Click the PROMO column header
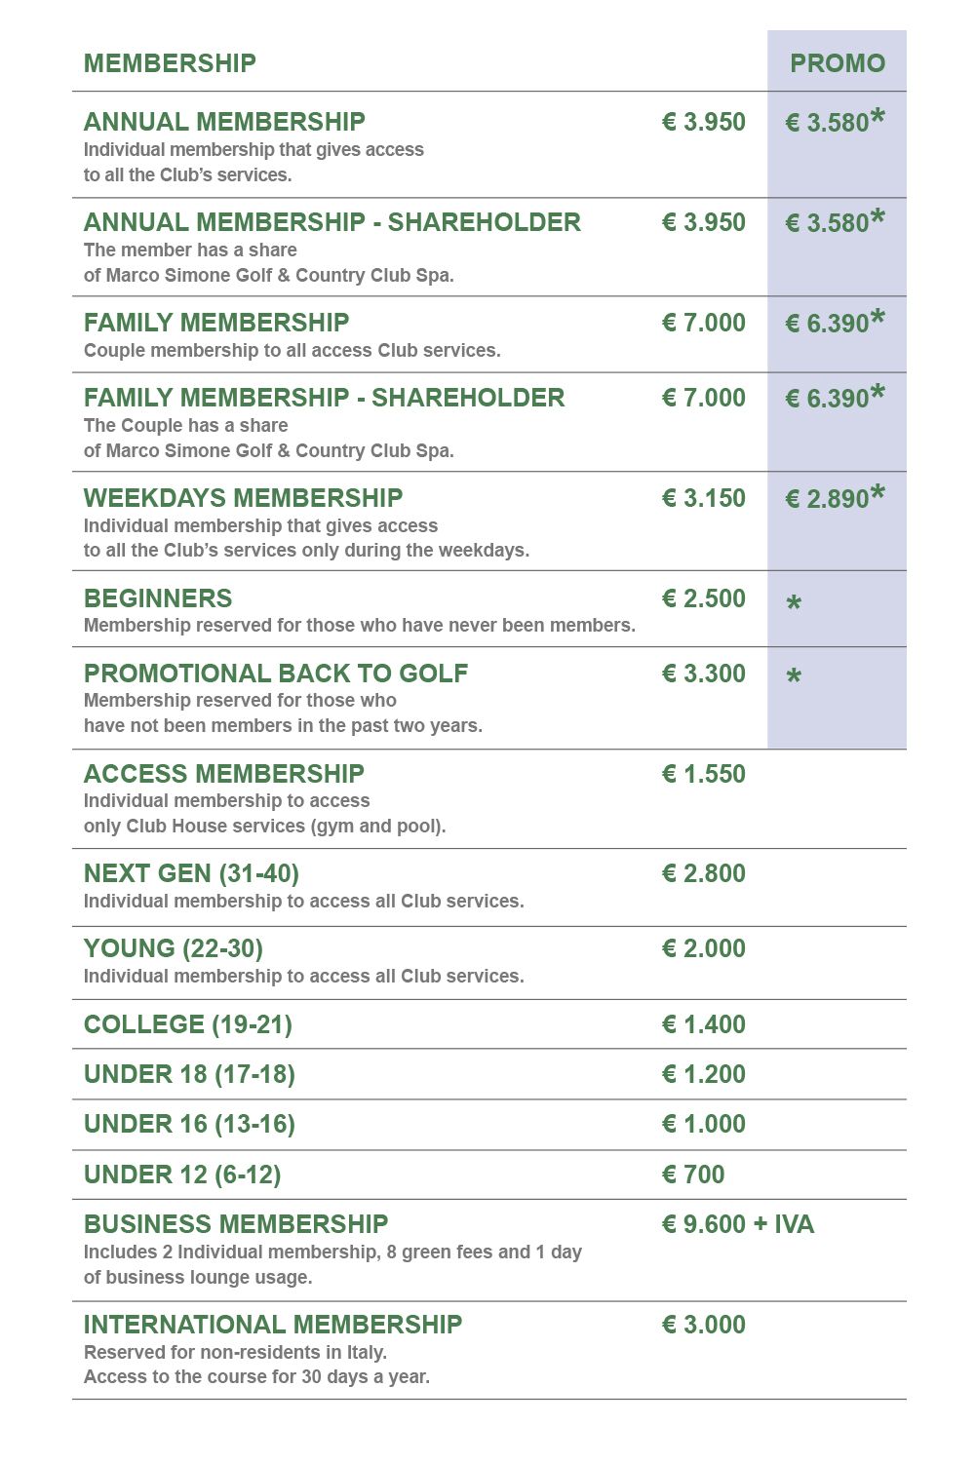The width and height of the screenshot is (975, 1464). [x=837, y=63]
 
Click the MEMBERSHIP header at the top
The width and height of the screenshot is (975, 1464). [x=170, y=63]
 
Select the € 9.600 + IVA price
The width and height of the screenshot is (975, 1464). [x=737, y=1224]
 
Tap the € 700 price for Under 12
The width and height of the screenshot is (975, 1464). [x=693, y=1175]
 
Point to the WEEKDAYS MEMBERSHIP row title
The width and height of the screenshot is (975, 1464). [x=243, y=498]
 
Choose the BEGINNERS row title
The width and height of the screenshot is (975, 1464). [x=158, y=598]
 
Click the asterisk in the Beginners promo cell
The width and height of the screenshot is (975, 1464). [x=794, y=604]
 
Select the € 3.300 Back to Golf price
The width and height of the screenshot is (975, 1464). [x=703, y=674]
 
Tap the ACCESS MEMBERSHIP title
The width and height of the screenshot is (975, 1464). [x=223, y=774]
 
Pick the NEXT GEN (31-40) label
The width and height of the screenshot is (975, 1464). [x=191, y=873]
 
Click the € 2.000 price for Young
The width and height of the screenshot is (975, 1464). [x=703, y=948]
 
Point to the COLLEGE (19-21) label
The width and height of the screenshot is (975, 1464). [x=187, y=1024]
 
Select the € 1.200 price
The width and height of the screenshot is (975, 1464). [x=703, y=1074]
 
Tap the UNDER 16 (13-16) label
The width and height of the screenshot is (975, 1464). [x=189, y=1124]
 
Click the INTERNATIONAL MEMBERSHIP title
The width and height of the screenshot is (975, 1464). [x=273, y=1325]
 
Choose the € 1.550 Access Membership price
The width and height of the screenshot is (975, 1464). [x=703, y=774]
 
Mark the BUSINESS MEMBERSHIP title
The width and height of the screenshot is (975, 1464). [x=236, y=1224]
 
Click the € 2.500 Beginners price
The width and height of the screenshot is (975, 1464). [x=703, y=598]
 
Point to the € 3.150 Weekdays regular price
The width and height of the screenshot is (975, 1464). [x=703, y=498]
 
